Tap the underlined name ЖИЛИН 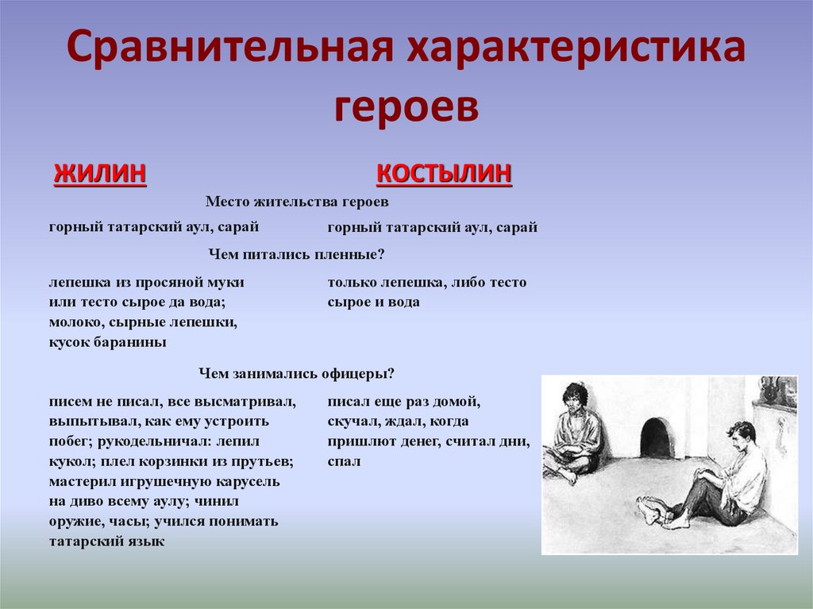pos(100,173)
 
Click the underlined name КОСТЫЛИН pos(444,173)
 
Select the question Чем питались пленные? pos(297,254)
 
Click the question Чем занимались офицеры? pos(297,373)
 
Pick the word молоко pos(74,323)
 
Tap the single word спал pos(344,461)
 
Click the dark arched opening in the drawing pos(657,437)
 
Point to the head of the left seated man pos(574,397)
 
